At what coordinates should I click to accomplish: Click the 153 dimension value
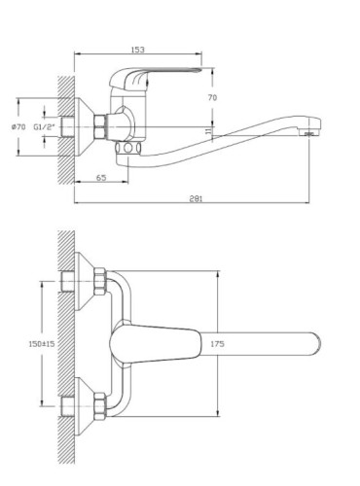tap(137, 50)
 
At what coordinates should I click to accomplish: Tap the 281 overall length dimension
tap(196, 198)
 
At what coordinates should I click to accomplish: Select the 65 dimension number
tap(101, 178)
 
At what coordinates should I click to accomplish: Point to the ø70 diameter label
tap(18, 127)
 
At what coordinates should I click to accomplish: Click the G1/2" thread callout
tap(45, 127)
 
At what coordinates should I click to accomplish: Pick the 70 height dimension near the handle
tap(212, 97)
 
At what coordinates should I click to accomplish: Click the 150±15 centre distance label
tap(42, 344)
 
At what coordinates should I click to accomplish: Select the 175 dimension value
tap(217, 344)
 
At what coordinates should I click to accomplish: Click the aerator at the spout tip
tap(310, 133)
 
